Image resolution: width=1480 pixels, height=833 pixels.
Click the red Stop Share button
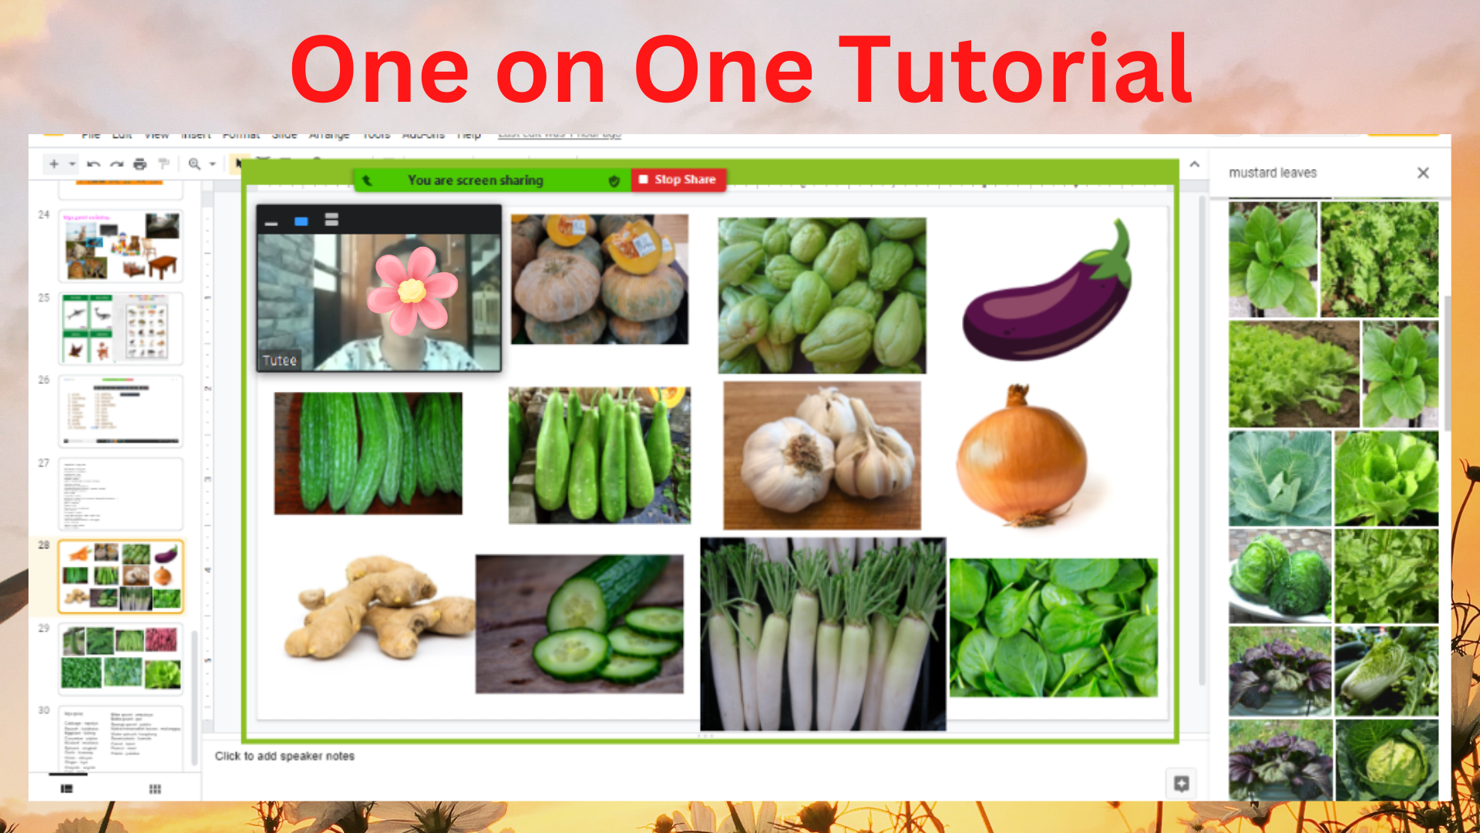click(x=678, y=180)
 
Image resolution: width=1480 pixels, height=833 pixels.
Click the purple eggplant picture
click(x=1047, y=297)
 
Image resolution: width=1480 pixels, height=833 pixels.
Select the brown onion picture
click(x=1021, y=459)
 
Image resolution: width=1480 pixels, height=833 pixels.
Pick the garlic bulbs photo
click(x=822, y=455)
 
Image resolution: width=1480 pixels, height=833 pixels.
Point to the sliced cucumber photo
click(x=579, y=623)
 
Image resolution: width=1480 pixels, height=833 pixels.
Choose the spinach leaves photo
click(x=1053, y=628)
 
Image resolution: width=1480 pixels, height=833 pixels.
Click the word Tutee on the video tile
click(x=279, y=360)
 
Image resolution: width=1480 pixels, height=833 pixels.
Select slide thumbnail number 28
click(x=121, y=576)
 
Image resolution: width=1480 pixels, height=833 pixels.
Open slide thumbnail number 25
click(x=121, y=328)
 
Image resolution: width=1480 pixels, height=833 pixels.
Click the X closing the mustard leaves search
click(x=1423, y=173)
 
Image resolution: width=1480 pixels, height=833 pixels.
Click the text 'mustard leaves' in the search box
click(x=1273, y=173)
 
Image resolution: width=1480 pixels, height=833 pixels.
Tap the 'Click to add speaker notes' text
click(x=284, y=756)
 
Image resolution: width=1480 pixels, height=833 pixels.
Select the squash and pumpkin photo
click(x=599, y=279)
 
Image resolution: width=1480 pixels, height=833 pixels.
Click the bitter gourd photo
click(x=368, y=453)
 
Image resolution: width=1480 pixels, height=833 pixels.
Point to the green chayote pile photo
click(x=822, y=295)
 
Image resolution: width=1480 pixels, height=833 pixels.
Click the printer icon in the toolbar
click(x=140, y=164)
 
